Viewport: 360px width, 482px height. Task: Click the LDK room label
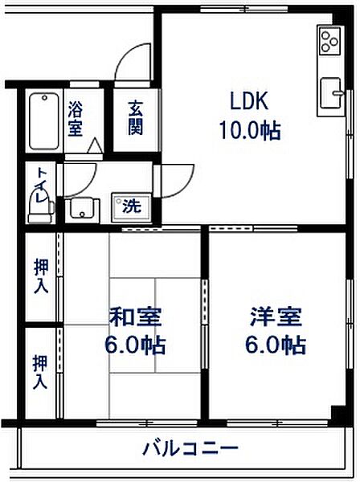[248, 102]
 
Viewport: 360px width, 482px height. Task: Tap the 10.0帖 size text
[249, 129]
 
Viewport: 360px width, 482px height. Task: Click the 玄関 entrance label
[135, 117]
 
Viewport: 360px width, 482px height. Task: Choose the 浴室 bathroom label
[76, 117]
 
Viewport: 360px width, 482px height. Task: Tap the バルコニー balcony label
[190, 447]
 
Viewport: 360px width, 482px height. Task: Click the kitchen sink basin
[331, 93]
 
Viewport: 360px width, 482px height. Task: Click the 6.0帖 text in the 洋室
[276, 346]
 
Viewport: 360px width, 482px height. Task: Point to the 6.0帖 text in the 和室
[133, 346]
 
